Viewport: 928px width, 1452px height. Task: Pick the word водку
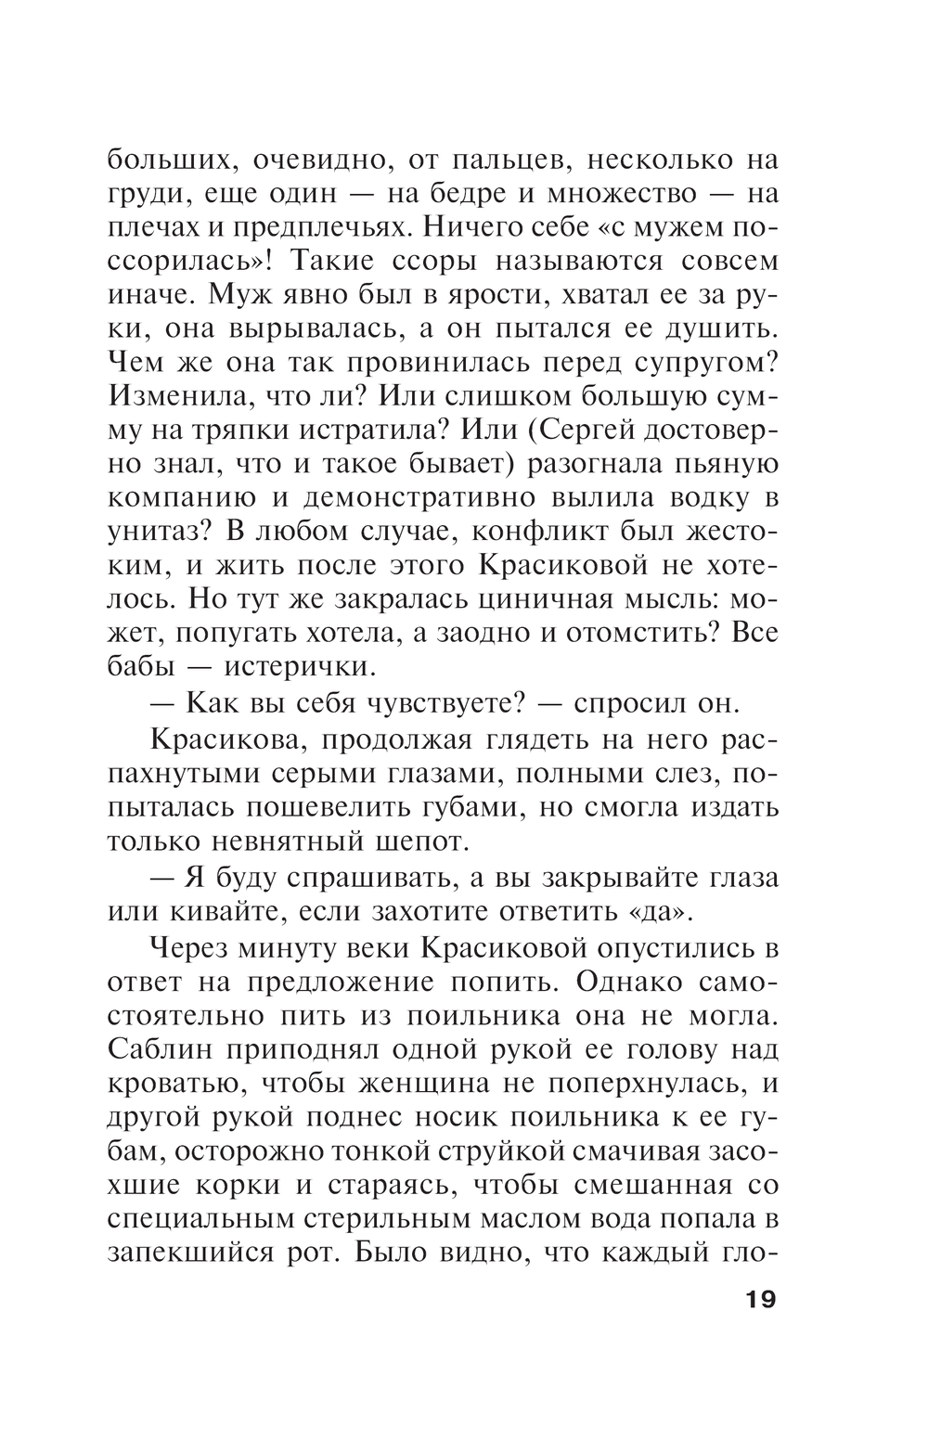pyautogui.click(x=690, y=498)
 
